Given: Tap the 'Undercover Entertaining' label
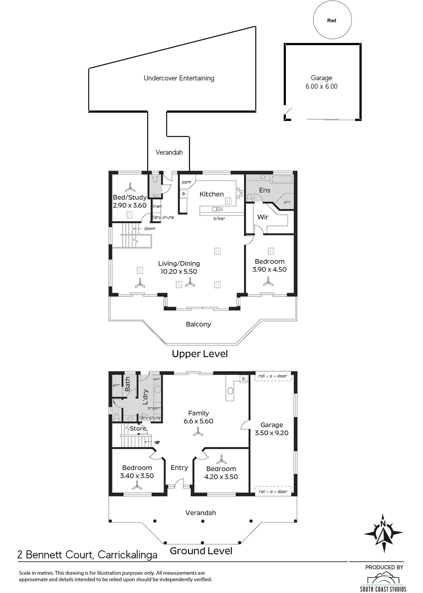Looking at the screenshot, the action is pyautogui.click(x=179, y=78).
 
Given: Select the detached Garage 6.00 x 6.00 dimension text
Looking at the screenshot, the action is pyautogui.click(x=321, y=86).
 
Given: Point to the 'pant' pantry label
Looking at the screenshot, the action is pyautogui.click(x=186, y=182).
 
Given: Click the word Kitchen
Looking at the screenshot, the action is pyautogui.click(x=212, y=194).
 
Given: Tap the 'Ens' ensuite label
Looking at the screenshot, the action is pyautogui.click(x=265, y=190).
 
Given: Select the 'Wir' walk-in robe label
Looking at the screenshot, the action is pyautogui.click(x=263, y=217).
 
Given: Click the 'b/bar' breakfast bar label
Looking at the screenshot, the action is pyautogui.click(x=219, y=218).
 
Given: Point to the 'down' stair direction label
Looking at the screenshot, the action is pyautogui.click(x=150, y=228).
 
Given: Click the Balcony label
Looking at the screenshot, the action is pyautogui.click(x=198, y=324).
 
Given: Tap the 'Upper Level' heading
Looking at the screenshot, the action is pyautogui.click(x=200, y=354).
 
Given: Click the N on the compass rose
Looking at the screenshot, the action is pyautogui.click(x=383, y=524).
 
